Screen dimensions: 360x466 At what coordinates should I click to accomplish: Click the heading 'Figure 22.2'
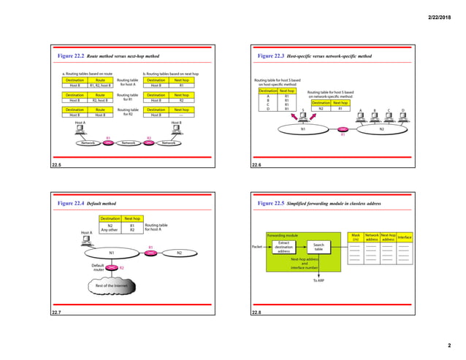tap(71, 55)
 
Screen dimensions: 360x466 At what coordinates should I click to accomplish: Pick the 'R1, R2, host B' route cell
tap(100, 85)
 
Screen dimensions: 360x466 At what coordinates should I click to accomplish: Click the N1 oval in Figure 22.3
tap(304, 129)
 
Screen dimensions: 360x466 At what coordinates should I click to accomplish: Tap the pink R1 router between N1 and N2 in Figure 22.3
tap(343, 129)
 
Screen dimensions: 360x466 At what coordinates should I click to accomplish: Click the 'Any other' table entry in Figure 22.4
tap(110, 231)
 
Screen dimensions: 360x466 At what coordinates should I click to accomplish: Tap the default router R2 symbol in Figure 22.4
tap(110, 267)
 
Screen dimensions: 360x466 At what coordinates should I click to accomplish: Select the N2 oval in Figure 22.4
tap(179, 253)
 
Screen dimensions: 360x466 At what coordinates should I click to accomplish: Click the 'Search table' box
tap(318, 248)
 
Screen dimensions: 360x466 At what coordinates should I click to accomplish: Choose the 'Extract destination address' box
tap(284, 248)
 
